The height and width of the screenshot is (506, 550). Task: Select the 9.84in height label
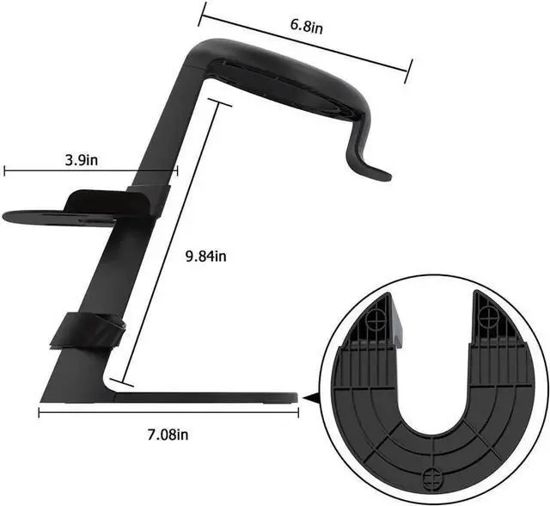pos(206,256)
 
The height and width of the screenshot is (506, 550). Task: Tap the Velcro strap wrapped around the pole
pos(85,331)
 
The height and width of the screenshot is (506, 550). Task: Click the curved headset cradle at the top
pos(284,82)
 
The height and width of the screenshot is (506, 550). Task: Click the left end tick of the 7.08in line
pos(40,412)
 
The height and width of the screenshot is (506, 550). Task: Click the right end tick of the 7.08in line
pos(297,412)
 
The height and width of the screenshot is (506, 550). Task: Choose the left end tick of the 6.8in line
pos(202,12)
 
